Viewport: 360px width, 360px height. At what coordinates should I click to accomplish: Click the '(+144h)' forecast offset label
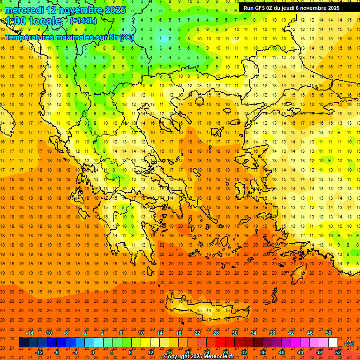click(83, 21)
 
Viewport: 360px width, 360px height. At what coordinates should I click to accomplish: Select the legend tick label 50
click(329, 333)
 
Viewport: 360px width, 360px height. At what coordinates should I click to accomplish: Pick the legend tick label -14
click(29, 333)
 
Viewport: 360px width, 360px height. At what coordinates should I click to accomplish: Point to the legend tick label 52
click(338, 352)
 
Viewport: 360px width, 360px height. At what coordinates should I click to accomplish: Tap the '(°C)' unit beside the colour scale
click(349, 343)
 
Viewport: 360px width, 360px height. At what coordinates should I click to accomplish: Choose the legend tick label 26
click(216, 333)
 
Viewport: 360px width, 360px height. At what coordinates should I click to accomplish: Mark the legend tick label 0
click(93, 352)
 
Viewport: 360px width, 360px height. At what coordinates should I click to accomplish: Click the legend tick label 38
click(272, 333)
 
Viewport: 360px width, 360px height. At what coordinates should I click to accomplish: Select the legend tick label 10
click(141, 333)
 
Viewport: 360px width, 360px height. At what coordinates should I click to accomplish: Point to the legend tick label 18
click(179, 333)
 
